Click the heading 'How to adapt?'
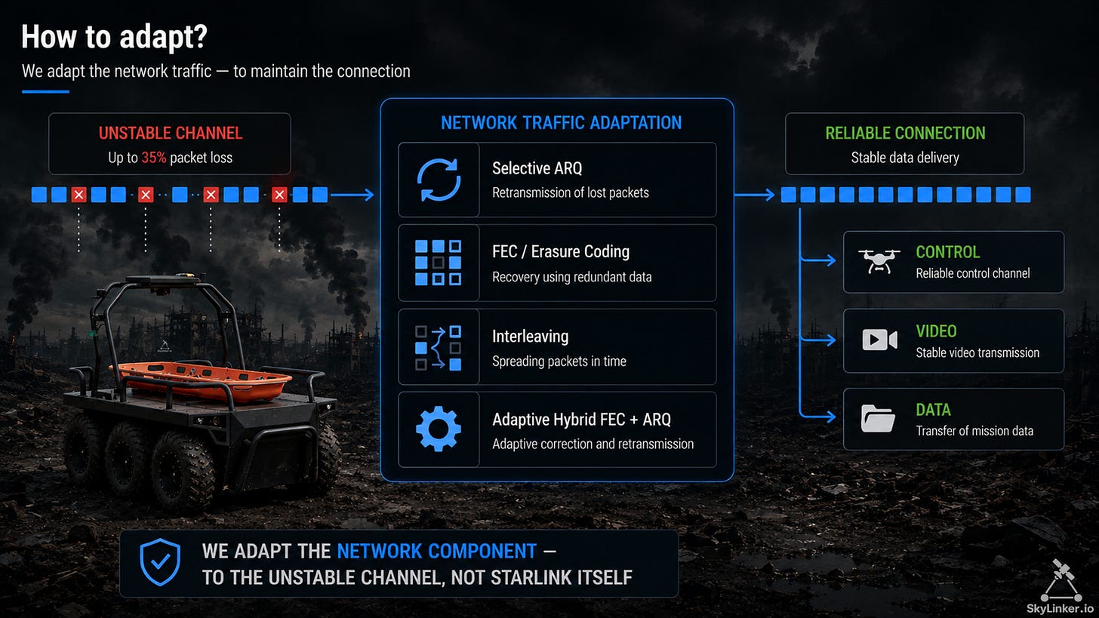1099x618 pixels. click(114, 37)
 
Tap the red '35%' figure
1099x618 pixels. click(153, 158)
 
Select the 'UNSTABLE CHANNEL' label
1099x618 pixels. click(171, 133)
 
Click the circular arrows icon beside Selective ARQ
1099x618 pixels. click(439, 180)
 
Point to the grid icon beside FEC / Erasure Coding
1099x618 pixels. click(438, 263)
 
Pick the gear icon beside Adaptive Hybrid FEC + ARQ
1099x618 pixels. click(438, 429)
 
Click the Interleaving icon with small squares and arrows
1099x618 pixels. click(438, 347)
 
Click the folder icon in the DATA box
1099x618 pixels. click(878, 418)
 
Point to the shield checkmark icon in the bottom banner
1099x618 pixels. click(160, 563)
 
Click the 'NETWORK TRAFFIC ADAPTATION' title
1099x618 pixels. click(562, 122)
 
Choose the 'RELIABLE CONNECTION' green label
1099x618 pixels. click(905, 133)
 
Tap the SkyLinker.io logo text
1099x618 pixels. click(1060, 608)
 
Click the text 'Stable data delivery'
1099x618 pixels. click(905, 158)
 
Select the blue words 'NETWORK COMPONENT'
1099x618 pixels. click(436, 552)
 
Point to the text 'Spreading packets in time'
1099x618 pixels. click(559, 361)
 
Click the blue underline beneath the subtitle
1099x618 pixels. click(45, 92)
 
